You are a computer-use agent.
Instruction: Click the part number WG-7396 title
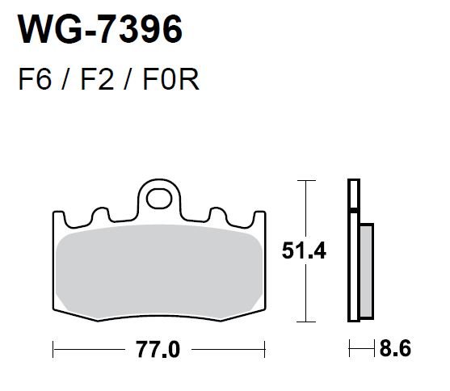tap(100, 29)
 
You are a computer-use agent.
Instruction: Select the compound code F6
tap(35, 79)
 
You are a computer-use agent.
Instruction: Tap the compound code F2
tap(97, 79)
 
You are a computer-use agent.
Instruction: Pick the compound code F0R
tap(170, 79)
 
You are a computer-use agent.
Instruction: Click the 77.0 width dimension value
tap(158, 349)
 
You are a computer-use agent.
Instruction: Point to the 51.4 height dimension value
tap(304, 251)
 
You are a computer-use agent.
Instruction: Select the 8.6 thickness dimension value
tap(395, 348)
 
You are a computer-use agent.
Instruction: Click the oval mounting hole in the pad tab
tap(159, 199)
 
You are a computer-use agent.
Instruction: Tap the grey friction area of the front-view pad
tap(158, 271)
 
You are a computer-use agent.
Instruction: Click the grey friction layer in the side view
tap(367, 271)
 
